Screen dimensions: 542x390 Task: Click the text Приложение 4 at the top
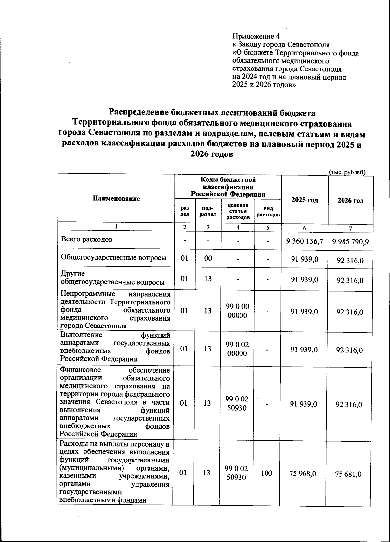pyautogui.click(x=256, y=36)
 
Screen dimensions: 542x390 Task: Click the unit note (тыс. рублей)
pyautogui.click(x=347, y=172)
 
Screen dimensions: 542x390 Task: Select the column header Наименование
pyautogui.click(x=116, y=198)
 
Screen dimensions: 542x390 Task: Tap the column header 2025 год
pyautogui.click(x=305, y=200)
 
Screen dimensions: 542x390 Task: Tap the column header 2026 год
pyautogui.click(x=350, y=200)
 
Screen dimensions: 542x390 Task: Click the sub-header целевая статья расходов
pyautogui.click(x=238, y=211)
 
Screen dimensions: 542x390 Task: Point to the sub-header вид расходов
pyautogui.click(x=268, y=212)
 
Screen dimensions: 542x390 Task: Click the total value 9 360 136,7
pyautogui.click(x=305, y=241)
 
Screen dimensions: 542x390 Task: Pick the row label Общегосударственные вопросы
pyautogui.click(x=114, y=258)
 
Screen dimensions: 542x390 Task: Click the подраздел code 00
pyautogui.click(x=208, y=258)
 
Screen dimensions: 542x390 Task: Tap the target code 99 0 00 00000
pyautogui.click(x=237, y=311)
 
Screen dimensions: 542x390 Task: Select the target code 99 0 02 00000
pyautogui.click(x=237, y=349)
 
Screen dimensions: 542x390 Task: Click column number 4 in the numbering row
pyautogui.click(x=238, y=228)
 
